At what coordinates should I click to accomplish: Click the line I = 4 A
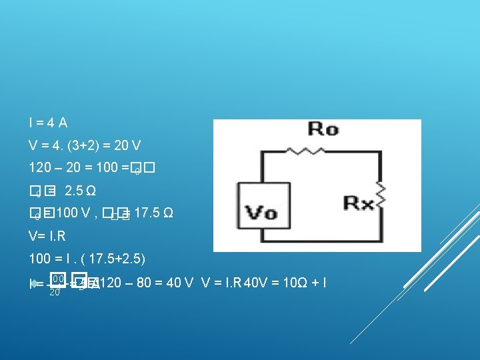pyautogui.click(x=48, y=123)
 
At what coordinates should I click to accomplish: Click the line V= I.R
pyautogui.click(x=47, y=237)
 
